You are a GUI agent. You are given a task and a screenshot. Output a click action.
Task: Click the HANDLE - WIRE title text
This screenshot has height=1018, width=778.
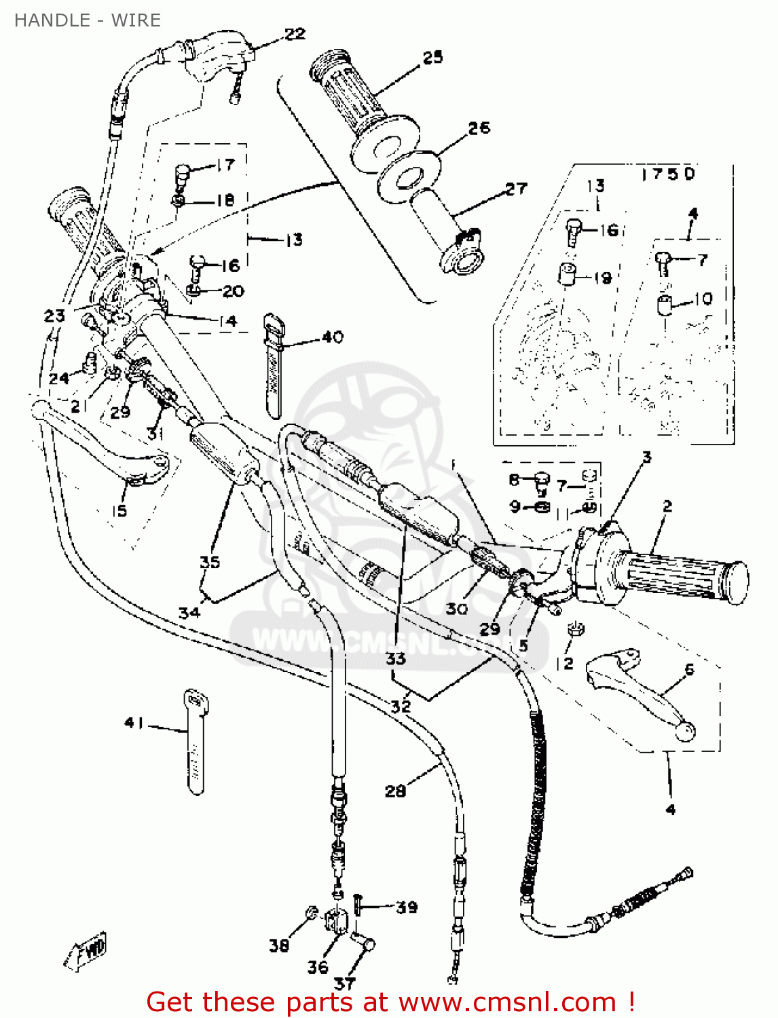(x=88, y=20)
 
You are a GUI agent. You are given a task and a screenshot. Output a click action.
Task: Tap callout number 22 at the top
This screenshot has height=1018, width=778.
(x=295, y=34)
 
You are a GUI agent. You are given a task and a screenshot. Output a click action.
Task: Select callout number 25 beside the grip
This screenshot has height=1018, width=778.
(x=432, y=58)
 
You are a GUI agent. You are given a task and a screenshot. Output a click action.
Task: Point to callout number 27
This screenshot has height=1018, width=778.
(x=516, y=189)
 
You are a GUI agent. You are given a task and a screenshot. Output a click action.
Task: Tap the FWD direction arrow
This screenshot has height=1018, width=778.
(x=86, y=951)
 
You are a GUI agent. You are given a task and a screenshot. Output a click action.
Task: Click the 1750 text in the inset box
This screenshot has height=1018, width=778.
(x=668, y=174)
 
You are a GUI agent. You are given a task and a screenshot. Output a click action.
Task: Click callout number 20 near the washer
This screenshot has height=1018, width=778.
(x=233, y=291)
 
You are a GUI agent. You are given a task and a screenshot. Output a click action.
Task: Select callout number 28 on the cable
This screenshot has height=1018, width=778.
(x=395, y=791)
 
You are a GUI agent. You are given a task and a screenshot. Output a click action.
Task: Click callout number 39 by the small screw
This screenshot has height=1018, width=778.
(x=407, y=907)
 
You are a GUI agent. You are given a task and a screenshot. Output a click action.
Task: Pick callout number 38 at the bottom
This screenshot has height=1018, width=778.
(x=278, y=945)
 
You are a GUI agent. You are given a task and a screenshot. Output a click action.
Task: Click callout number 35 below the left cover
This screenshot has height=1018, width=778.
(x=210, y=562)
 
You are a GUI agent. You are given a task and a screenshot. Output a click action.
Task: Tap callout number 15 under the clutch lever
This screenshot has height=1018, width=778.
(x=119, y=511)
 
